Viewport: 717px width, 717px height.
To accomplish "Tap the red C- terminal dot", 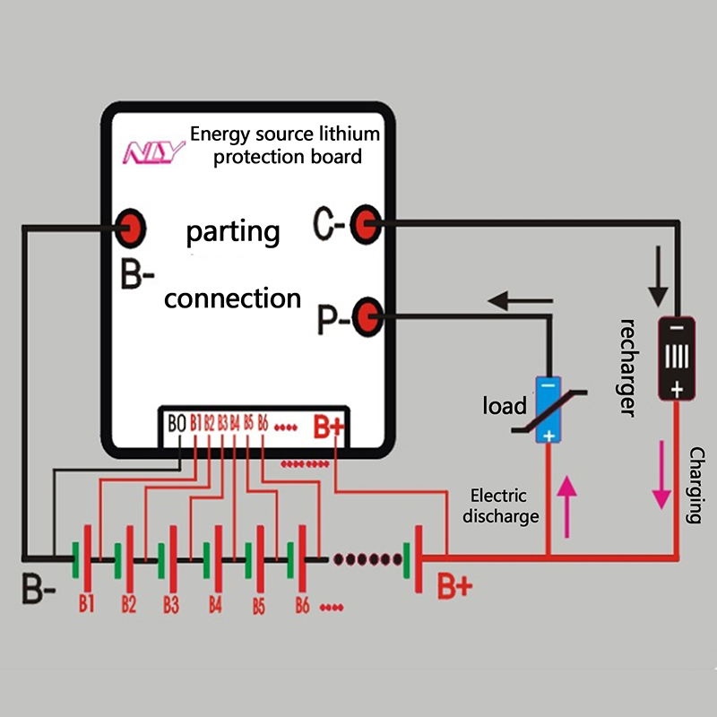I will point(364,221).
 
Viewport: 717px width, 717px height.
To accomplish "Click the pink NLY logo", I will point(153,151).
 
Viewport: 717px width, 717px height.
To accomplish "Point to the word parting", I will point(233,232).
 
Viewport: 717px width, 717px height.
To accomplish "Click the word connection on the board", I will point(233,298).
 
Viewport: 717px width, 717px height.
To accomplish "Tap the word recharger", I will point(630,367).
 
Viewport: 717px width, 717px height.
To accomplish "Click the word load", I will point(505,406).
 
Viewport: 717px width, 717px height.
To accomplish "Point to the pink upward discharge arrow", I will point(566,506).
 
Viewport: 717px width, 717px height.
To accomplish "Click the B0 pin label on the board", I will point(177,422).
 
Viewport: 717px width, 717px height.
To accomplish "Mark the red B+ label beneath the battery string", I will point(454,587).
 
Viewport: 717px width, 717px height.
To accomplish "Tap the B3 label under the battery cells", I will point(171,604).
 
